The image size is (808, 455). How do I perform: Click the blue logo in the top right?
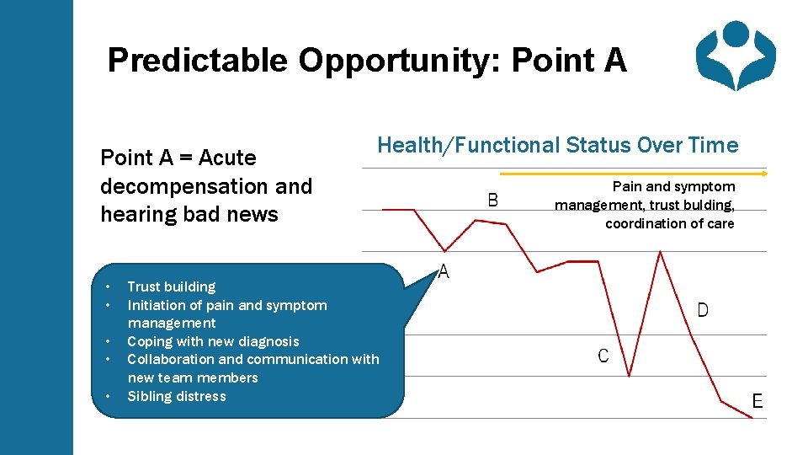click(x=736, y=55)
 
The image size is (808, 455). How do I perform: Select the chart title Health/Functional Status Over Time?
click(x=557, y=146)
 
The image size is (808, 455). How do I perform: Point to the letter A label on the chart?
click(x=444, y=272)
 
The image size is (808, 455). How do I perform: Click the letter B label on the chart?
click(x=493, y=200)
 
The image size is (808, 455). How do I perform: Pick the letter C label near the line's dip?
click(x=603, y=356)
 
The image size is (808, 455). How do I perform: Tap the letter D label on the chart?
click(x=703, y=310)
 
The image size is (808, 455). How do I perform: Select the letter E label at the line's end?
click(x=757, y=401)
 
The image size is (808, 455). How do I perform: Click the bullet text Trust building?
click(x=171, y=286)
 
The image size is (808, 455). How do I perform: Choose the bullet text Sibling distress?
click(x=177, y=396)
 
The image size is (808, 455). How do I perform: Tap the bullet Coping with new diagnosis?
click(x=213, y=341)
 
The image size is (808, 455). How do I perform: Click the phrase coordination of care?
click(x=669, y=223)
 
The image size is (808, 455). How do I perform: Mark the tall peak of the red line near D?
click(x=660, y=252)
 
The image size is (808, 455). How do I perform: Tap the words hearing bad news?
click(x=189, y=214)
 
